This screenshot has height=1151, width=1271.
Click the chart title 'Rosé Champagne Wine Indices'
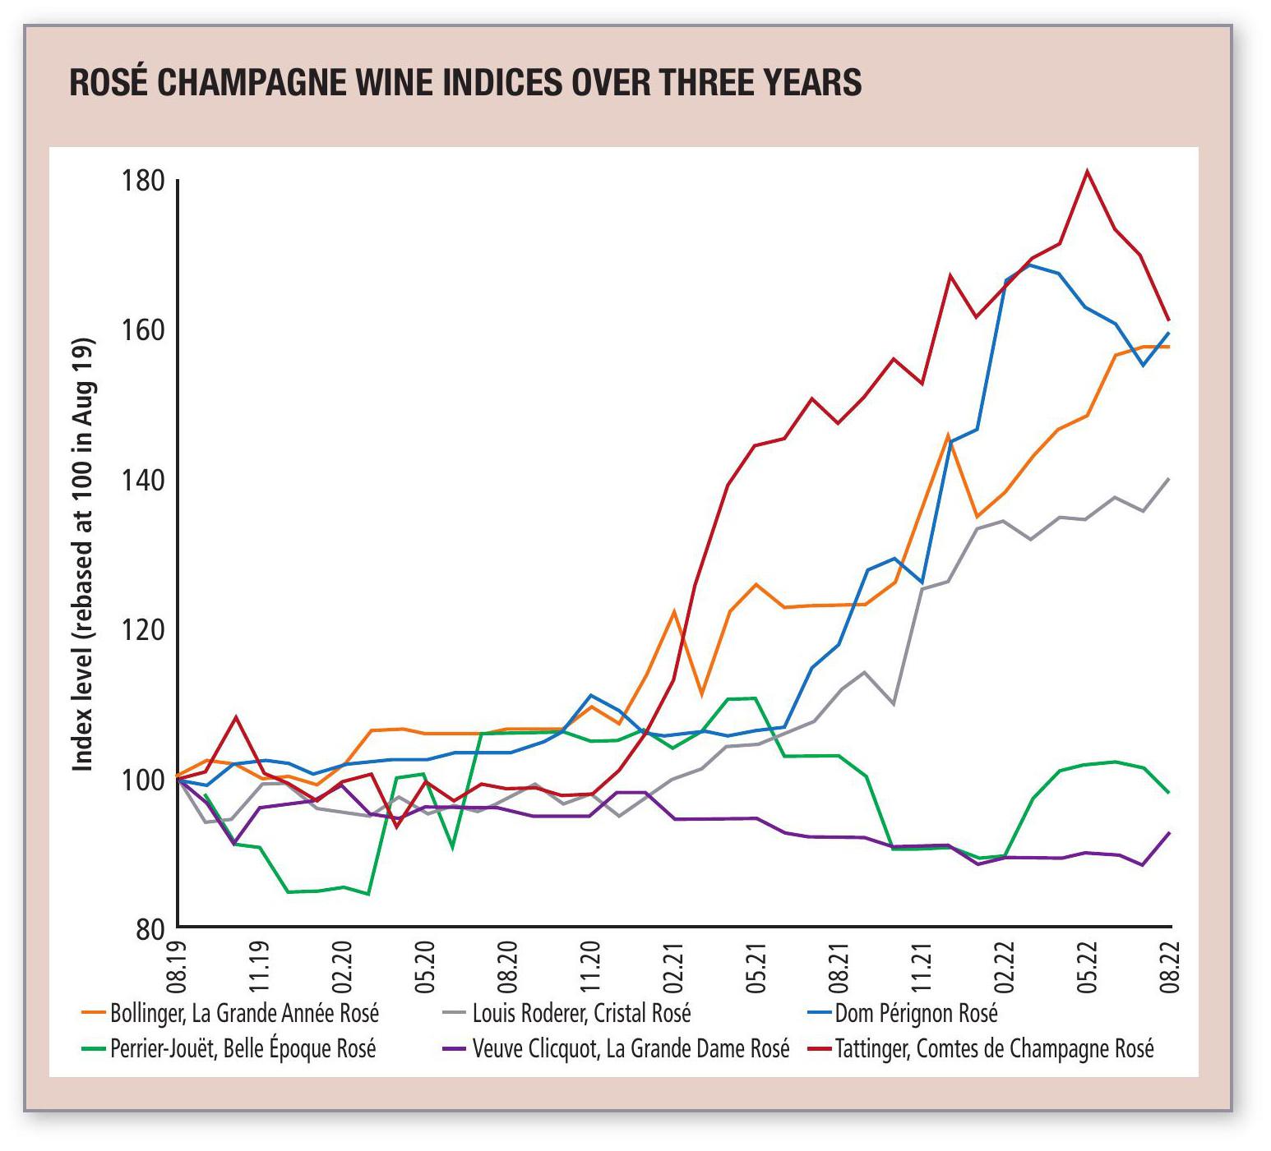click(x=465, y=82)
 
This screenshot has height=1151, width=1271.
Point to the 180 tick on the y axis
click(x=143, y=181)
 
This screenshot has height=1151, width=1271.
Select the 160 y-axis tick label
click(x=143, y=330)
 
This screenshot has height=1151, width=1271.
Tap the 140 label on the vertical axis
click(x=143, y=480)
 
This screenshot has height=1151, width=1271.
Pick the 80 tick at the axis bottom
click(x=149, y=928)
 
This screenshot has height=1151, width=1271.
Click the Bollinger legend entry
click(x=244, y=1013)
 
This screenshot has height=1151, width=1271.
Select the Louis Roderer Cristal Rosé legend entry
click(x=580, y=1013)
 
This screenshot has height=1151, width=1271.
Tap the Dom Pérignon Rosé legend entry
click(x=915, y=1013)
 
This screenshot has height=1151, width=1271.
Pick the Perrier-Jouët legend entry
click(x=243, y=1049)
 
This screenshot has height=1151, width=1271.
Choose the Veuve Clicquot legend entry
click(x=630, y=1049)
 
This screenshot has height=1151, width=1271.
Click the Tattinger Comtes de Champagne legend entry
click(x=993, y=1049)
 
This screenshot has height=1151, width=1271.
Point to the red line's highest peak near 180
click(x=1087, y=172)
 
